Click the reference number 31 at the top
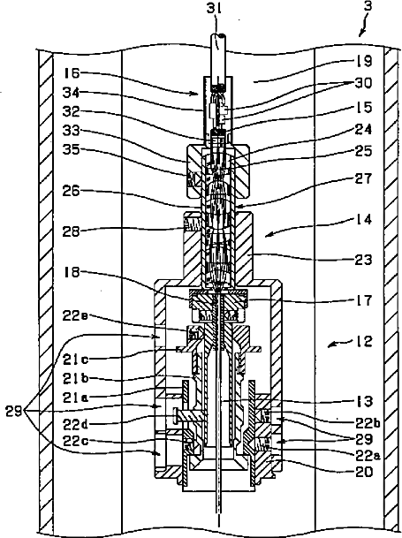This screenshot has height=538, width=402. (214, 8)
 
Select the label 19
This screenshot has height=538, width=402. (363, 62)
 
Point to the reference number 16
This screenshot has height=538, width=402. (71, 73)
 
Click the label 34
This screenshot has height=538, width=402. (71, 92)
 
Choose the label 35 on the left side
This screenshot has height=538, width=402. (71, 150)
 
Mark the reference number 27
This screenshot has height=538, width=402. (363, 178)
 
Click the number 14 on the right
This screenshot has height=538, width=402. (363, 219)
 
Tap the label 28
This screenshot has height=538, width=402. (71, 231)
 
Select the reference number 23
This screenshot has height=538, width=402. (363, 260)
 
